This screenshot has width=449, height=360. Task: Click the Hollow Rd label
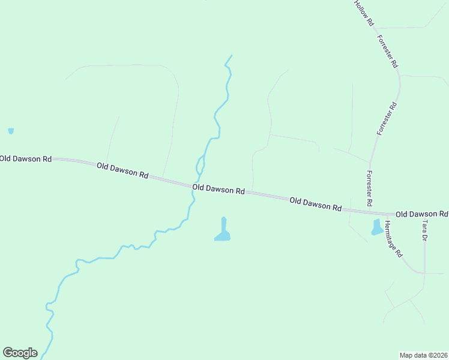point(364,12)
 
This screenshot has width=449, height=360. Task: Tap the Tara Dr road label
point(425,230)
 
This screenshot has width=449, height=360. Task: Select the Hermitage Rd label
point(393,238)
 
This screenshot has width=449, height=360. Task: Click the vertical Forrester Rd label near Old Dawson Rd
point(370,185)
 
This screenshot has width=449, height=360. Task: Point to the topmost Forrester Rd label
point(388,50)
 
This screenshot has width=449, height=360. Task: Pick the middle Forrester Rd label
point(387,118)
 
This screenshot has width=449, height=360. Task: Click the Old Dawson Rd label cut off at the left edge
point(25,159)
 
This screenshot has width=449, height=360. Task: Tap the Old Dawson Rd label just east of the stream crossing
point(218,189)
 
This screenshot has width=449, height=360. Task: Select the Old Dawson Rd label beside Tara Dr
point(421,214)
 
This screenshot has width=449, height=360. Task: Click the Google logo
point(20,353)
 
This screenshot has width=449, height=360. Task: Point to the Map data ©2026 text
point(423,355)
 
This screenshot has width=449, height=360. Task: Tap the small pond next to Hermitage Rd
point(377,227)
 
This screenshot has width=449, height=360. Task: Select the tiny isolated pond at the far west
point(11,130)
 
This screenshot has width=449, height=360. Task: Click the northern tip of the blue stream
point(231,56)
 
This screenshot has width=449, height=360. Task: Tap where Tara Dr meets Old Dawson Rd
point(424,214)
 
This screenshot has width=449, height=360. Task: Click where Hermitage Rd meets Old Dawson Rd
point(383,214)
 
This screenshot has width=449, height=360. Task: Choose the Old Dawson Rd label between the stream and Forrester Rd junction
point(315,203)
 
